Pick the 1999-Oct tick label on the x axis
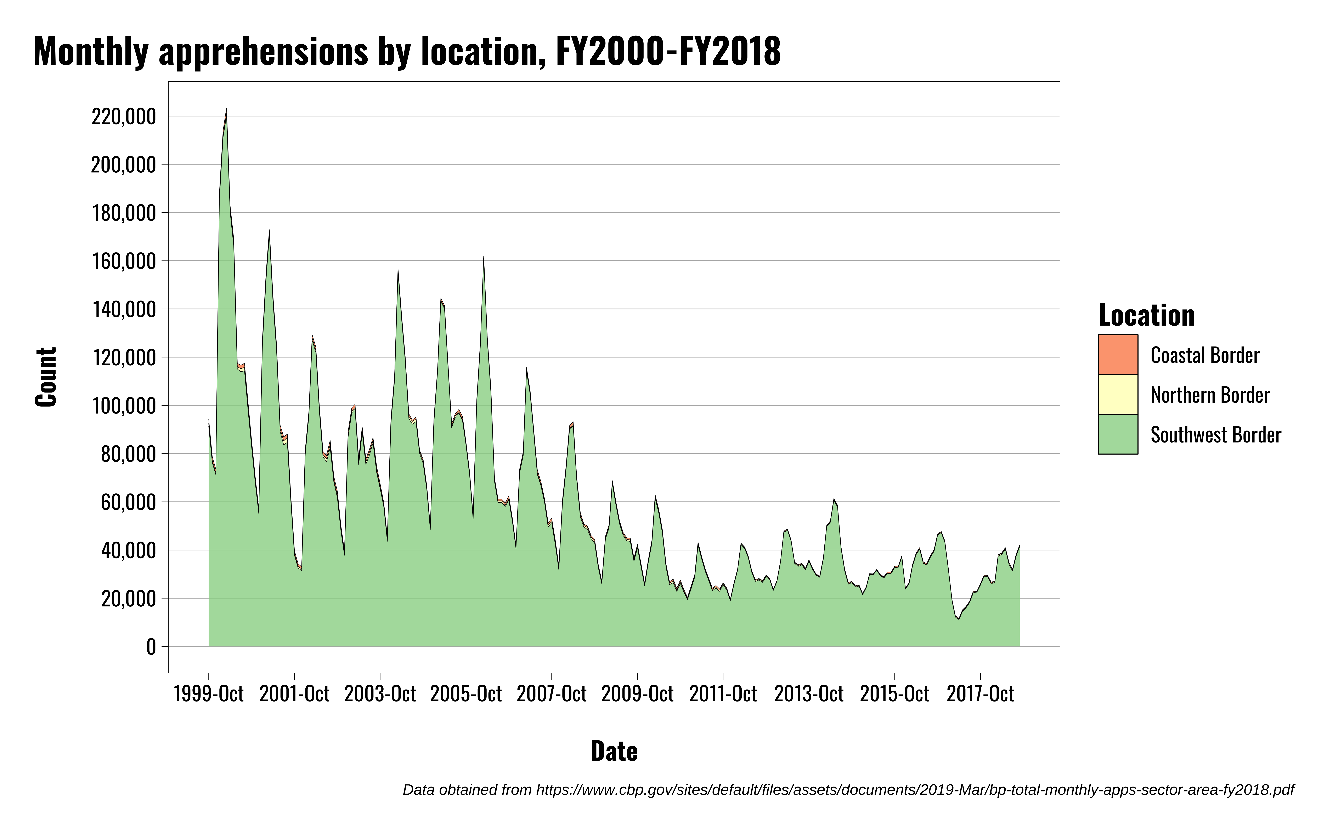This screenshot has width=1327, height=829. (208, 694)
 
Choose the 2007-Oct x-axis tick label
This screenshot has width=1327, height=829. (552, 694)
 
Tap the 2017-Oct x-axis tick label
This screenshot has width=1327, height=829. (981, 694)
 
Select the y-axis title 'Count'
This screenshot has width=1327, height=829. (46, 377)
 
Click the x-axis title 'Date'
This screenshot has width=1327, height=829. (614, 751)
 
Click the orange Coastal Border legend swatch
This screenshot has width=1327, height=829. (1118, 355)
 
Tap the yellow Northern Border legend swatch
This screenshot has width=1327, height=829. (1118, 394)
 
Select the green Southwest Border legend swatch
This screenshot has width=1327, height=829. (1118, 434)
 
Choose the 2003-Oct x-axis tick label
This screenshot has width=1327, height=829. (380, 694)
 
